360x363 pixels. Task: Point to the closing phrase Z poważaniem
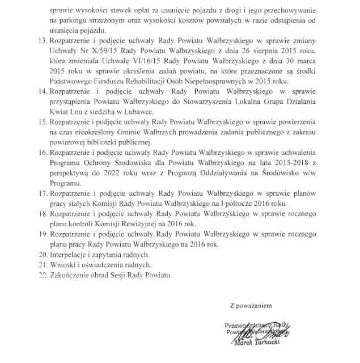pyautogui.click(x=251, y=305)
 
